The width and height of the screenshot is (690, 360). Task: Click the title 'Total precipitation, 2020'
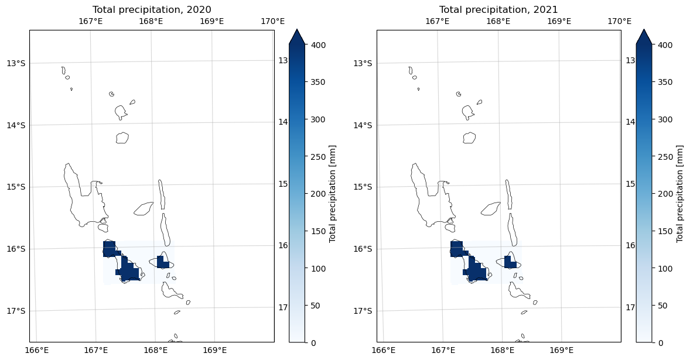coord(152,9)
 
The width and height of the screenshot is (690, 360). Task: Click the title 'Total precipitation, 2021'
coord(498,9)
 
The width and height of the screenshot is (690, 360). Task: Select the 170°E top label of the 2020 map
coord(273,22)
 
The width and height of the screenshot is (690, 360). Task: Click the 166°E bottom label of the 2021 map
coord(384,350)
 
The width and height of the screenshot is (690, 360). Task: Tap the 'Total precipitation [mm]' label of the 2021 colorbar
coord(679,193)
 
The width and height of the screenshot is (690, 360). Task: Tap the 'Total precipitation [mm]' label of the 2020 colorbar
coord(332,193)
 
